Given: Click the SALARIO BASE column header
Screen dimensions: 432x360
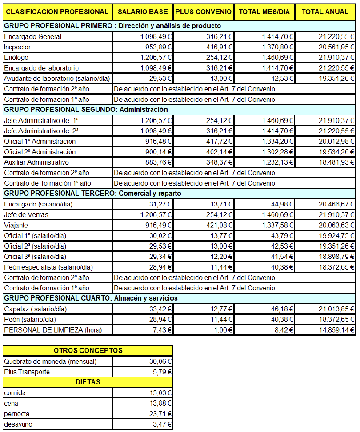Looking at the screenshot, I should tap(142, 12).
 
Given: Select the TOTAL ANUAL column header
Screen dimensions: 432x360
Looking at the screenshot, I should tap(325, 12).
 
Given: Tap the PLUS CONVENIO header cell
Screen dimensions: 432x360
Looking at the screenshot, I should tap(203, 12).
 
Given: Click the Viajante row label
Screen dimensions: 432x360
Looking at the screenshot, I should tap(16, 225).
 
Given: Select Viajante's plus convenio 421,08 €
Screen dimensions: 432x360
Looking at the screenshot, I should tap(217, 225).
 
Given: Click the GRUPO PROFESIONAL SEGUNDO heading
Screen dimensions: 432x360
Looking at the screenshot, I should tap(86, 110).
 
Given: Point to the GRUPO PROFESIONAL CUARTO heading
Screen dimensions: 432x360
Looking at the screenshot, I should tap(91, 298).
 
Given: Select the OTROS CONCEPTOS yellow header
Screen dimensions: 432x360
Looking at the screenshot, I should tap(88, 351).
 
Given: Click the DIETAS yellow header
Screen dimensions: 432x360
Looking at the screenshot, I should tap(88, 382).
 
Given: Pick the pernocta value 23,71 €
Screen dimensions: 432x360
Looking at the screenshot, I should tap(161, 414).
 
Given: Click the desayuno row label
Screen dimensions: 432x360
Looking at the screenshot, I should tap(18, 424).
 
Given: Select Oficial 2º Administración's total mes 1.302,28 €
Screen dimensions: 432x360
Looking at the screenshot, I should tap(278, 152).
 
